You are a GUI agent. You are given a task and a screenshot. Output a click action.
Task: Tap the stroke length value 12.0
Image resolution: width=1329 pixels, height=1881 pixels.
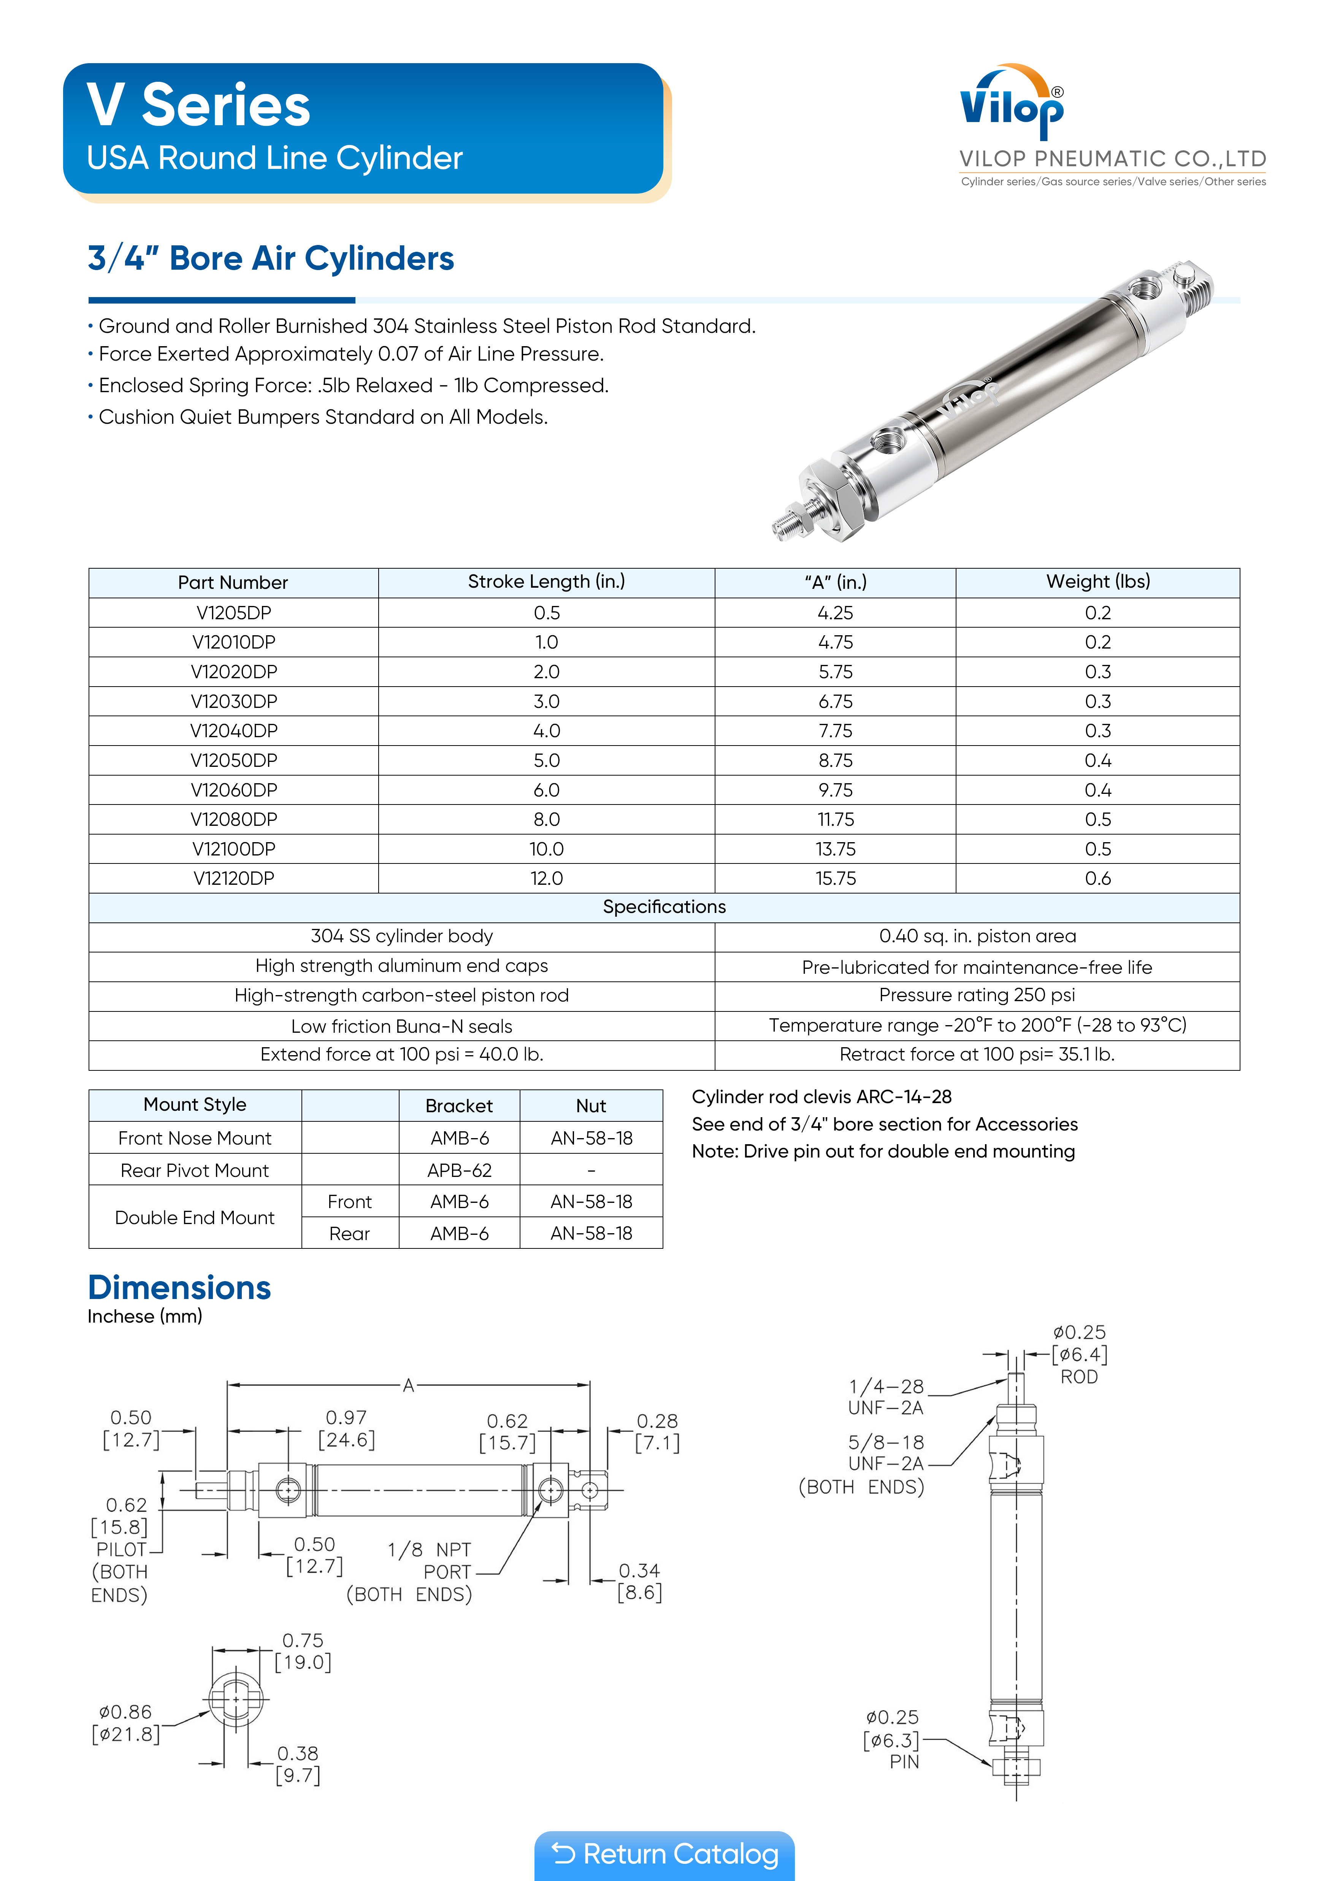546,878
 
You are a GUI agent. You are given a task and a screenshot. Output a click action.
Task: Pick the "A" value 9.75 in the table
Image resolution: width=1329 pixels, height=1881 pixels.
835,790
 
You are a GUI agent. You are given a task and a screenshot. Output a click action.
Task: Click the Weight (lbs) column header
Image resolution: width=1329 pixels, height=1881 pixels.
1097,582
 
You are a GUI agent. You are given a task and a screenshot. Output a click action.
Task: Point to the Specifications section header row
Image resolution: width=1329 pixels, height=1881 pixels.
664,907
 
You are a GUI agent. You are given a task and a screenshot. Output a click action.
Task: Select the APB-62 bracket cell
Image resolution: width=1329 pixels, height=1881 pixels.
459,1170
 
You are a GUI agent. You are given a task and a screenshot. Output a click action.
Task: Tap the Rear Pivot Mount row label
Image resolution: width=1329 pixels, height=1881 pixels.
195,1170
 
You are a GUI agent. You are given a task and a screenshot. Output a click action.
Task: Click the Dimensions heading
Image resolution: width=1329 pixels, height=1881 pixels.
179,1288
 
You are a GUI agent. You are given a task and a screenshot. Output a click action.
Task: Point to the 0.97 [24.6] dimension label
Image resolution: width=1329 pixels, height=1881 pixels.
346,1429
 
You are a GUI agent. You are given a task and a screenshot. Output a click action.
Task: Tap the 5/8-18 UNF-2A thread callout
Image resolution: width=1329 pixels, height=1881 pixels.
886,1453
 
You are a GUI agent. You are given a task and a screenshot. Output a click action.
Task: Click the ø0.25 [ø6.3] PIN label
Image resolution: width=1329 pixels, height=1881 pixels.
893,1739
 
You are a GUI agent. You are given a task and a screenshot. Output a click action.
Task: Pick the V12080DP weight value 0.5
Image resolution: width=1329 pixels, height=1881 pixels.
1097,819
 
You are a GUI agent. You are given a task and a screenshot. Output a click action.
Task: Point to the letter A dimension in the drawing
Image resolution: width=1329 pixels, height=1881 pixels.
408,1385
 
